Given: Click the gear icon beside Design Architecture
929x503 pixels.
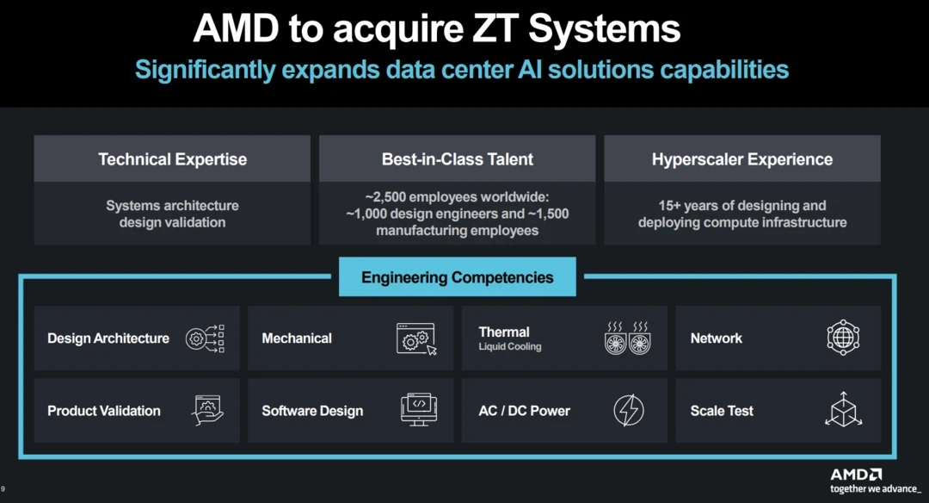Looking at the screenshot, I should [206, 338].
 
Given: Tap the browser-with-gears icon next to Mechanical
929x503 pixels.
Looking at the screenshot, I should [416, 338].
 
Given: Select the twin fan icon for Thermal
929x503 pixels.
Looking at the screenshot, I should [626, 338].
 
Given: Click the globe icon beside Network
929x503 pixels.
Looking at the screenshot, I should [843, 338].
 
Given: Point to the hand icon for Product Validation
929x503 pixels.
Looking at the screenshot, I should [207, 410].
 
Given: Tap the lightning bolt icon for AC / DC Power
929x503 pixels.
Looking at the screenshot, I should [628, 411].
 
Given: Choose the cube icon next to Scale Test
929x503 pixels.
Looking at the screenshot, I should [843, 410].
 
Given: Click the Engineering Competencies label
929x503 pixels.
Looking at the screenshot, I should [457, 277].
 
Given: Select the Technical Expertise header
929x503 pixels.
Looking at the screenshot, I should [172, 159].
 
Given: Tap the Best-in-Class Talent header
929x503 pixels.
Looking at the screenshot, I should [457, 159].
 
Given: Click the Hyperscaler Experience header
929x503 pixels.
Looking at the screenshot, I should [741, 159].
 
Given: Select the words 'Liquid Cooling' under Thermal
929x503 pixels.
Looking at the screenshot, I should [510, 347].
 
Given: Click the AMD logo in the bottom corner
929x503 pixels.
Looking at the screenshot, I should [855, 475].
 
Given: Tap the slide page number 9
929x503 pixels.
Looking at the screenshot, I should [3, 489].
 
